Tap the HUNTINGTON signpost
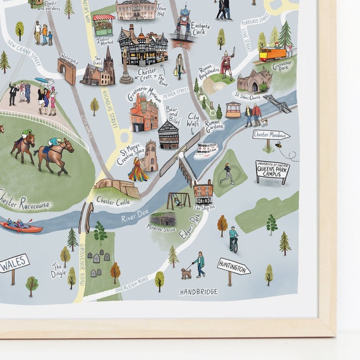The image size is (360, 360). pos(233,267)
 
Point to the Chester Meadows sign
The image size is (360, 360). pos(271,135)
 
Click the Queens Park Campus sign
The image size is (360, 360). pos(272,170)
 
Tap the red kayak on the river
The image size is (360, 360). pos(20,226)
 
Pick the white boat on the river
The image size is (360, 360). pos(206,150)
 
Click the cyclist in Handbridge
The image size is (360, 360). pos(234,239)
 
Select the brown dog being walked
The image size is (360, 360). pos(186,273)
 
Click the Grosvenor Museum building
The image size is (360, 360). pos(144,112)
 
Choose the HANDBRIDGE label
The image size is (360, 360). pos(199,292)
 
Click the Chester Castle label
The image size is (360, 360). pos(114,201)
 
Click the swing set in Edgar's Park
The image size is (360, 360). pos(177,200)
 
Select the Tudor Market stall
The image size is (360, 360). pos(104,26)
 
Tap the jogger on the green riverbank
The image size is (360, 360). pos(227,173)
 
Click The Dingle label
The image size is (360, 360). pos(58,270)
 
